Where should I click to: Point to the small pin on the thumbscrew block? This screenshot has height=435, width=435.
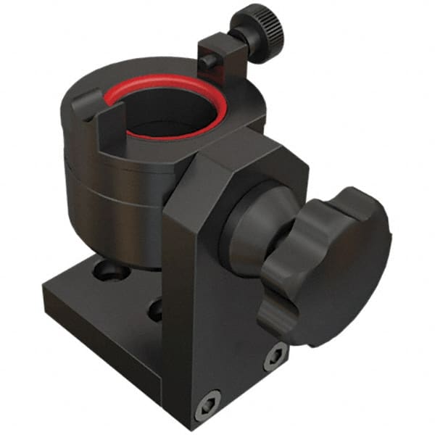click(x=209, y=62)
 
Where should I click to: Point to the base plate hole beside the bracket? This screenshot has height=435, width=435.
click(x=155, y=311)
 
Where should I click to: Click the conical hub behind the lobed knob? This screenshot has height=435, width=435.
click(x=246, y=228)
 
